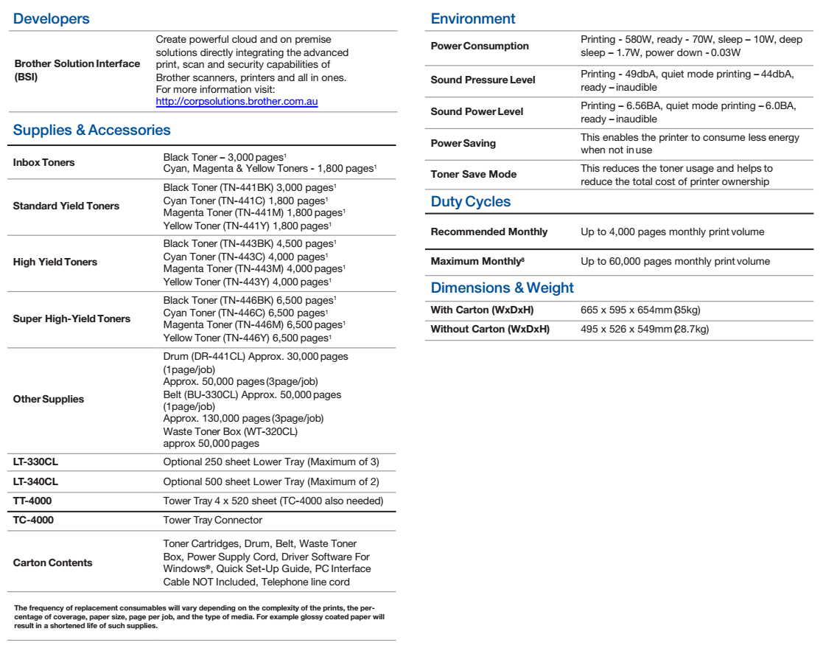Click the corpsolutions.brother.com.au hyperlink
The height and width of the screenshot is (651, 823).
pos(237,101)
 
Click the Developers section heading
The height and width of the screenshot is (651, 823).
pos(52,20)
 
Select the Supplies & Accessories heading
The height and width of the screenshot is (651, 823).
pos(92,130)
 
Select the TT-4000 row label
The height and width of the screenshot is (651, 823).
pos(32,501)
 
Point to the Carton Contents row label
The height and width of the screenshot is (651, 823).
pos(53,563)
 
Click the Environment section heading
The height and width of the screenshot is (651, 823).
pos(473,19)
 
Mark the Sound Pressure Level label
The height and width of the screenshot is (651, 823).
pos(483,80)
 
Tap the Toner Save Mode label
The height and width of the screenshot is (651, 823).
pos(473,175)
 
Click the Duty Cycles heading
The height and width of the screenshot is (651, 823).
pos(470,202)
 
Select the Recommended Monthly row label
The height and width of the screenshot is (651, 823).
pos(488,231)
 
